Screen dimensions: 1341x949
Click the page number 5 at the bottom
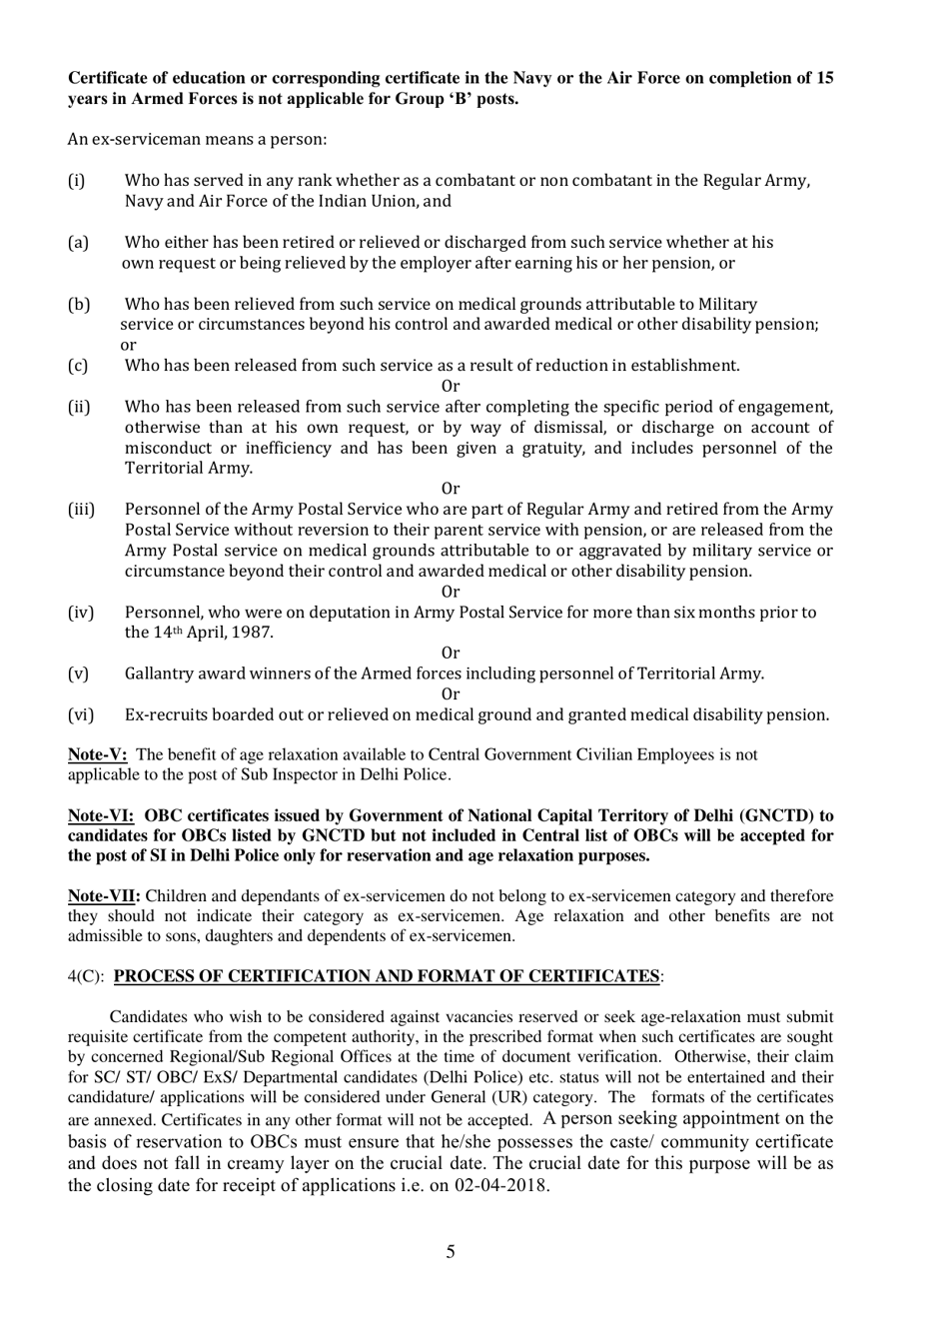[451, 1251]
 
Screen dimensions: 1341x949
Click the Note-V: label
[97, 754]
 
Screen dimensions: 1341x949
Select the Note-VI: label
[101, 815]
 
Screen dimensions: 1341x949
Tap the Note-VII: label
[104, 896]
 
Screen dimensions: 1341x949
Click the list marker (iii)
[81, 510]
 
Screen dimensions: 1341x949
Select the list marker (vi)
[80, 714]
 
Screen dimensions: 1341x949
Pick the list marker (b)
[79, 304]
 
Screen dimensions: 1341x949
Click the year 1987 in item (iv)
[252, 633]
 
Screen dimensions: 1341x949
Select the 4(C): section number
[87, 976]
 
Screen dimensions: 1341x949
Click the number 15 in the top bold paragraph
[824, 78]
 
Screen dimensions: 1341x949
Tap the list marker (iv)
[80, 613]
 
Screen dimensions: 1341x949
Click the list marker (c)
[78, 366]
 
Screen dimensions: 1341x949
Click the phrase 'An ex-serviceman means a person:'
[197, 139]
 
